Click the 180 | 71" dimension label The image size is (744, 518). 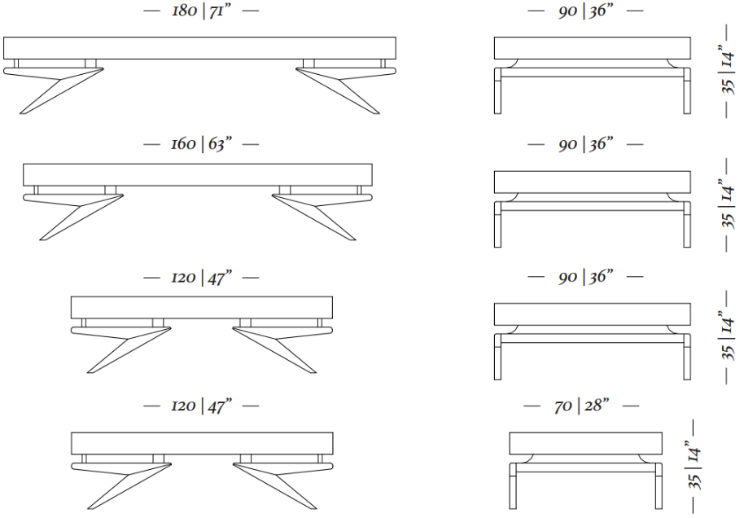[x=201, y=11]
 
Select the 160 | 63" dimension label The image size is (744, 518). [x=201, y=143]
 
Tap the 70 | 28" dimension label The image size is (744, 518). [x=581, y=406]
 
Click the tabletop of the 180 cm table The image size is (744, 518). [x=199, y=48]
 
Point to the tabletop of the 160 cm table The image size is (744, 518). [x=198, y=175]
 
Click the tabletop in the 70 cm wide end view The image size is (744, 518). [x=585, y=443]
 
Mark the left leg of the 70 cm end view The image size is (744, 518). [x=513, y=485]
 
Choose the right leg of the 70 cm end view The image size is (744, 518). [x=659, y=485]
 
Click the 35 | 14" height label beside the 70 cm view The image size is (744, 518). [x=694, y=468]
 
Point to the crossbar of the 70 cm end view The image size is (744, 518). [x=585, y=468]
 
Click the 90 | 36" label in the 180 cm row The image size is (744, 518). [x=585, y=11]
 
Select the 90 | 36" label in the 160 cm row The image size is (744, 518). [x=585, y=143]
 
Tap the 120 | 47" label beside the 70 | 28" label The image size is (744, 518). [x=201, y=406]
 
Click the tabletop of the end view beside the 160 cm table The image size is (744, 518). [x=592, y=182]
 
